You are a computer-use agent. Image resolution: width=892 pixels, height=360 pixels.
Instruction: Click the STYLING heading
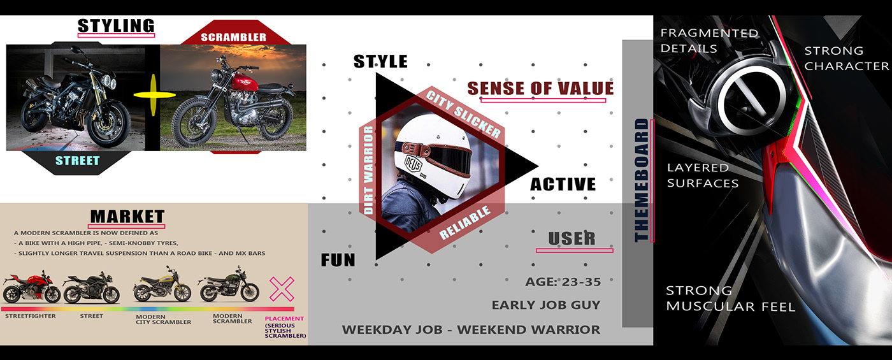point(116,26)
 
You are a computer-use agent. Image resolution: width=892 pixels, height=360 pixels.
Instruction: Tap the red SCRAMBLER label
point(233,37)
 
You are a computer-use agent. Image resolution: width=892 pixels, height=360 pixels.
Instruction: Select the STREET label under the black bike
point(78,161)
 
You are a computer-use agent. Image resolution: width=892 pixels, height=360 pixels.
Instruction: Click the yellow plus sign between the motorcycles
point(154,94)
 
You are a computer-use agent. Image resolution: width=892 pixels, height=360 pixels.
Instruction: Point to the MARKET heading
point(127,217)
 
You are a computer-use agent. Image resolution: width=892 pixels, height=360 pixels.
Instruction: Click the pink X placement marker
point(282,289)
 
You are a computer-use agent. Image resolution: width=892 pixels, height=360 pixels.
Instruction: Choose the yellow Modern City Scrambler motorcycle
point(162,290)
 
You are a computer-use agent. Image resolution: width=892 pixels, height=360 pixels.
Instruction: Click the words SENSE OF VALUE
point(541,88)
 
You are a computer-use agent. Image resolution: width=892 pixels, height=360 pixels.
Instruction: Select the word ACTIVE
point(563,184)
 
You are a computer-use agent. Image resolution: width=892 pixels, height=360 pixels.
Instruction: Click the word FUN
point(338,260)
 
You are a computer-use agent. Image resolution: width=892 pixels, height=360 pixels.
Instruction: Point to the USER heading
point(572,238)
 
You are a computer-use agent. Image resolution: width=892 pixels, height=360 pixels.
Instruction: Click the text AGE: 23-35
point(563,282)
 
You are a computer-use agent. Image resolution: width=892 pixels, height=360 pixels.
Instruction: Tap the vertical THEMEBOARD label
point(642,180)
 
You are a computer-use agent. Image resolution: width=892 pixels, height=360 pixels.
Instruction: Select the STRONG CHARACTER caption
point(845,58)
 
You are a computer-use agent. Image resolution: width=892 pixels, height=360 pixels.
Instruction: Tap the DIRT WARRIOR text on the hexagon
point(368,169)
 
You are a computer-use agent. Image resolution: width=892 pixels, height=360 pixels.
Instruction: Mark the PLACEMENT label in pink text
point(284,319)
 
